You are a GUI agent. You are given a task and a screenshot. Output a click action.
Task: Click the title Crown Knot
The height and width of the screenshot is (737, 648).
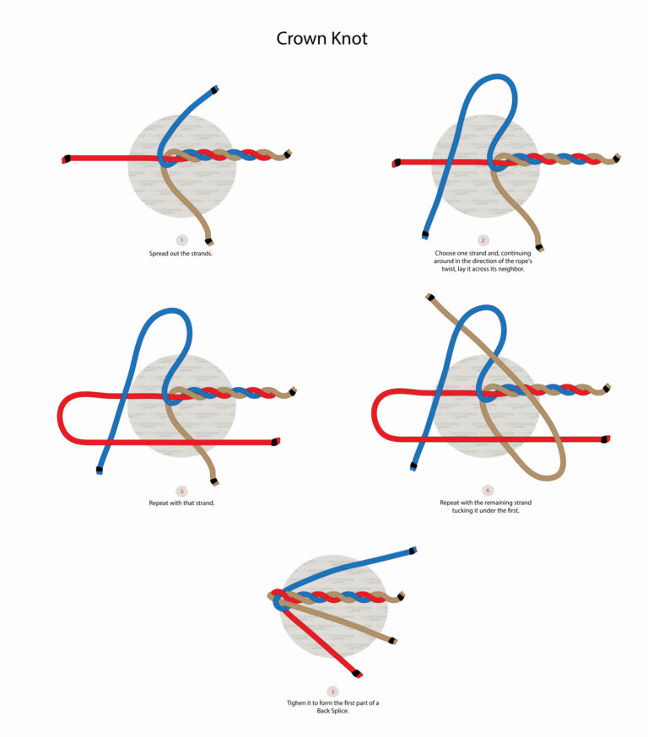point(322,39)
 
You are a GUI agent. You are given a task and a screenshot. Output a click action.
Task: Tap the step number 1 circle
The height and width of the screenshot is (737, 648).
point(181,241)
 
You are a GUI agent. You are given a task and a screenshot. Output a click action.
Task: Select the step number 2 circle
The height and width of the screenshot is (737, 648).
point(483,240)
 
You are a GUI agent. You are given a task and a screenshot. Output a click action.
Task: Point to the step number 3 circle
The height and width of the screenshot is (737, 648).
point(181,492)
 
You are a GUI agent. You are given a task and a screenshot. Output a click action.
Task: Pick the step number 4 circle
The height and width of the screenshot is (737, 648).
point(487,490)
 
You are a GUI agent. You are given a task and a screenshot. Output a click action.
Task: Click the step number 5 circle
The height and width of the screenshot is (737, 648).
point(333,691)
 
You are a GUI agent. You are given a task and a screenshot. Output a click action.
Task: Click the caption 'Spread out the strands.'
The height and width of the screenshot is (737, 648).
point(181,253)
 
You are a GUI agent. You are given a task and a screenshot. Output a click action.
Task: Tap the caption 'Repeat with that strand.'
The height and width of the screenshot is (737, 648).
point(182,503)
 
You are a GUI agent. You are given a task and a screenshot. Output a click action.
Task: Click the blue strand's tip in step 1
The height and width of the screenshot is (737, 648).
point(216,89)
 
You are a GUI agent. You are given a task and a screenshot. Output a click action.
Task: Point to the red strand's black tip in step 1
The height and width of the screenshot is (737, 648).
point(66,159)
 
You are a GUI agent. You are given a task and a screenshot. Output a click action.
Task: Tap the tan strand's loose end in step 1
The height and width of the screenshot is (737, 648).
point(208,239)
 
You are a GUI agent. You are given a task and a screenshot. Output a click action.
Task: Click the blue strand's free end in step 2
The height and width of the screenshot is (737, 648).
point(423,234)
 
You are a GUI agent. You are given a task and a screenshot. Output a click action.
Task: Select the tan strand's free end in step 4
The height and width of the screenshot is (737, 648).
point(430,297)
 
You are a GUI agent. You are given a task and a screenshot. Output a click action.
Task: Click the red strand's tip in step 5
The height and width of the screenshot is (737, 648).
point(358,675)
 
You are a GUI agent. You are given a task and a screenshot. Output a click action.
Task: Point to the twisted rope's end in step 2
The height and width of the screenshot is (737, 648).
point(618,159)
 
